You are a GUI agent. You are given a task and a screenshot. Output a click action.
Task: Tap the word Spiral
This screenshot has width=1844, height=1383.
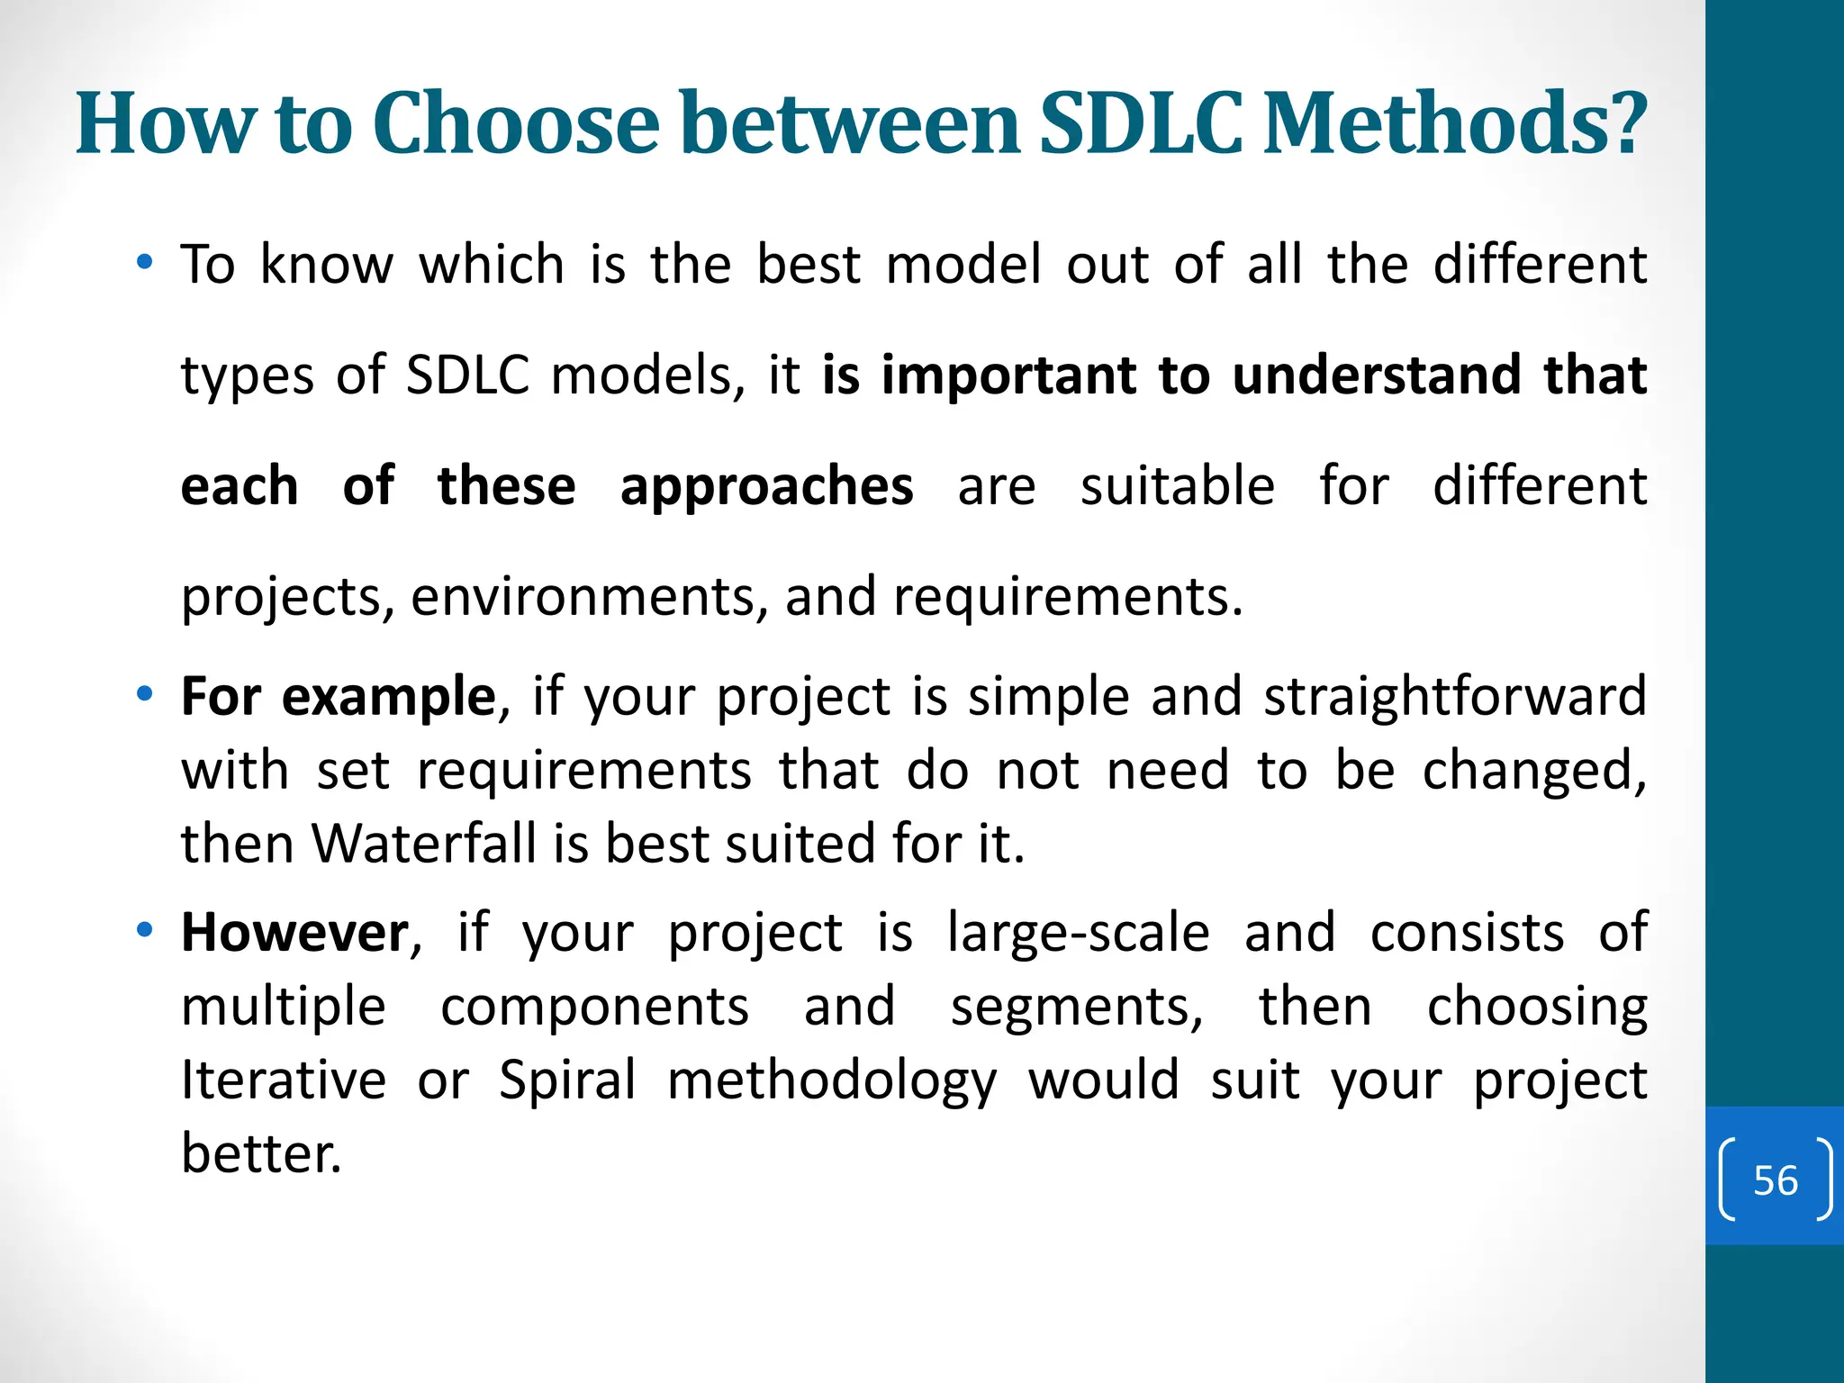pyautogui.click(x=567, y=1080)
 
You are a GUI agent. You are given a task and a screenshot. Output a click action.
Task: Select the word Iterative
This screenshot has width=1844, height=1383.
pyautogui.click(x=283, y=1080)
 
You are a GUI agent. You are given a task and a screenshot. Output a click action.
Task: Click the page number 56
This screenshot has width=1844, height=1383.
pyautogui.click(x=1775, y=1180)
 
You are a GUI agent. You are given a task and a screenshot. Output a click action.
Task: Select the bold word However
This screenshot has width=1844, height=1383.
pyautogui.click(x=294, y=933)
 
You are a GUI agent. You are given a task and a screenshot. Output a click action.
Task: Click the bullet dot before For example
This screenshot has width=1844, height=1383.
pyautogui.click(x=144, y=695)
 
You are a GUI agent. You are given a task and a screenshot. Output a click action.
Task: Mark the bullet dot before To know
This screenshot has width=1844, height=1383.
pyautogui.click(x=144, y=263)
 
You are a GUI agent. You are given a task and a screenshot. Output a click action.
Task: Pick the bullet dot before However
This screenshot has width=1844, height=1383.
pyautogui.click(x=144, y=929)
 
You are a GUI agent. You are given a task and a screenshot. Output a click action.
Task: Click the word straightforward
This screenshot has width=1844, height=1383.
pyautogui.click(x=1454, y=697)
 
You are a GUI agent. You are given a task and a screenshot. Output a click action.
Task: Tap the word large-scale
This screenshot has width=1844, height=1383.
pyautogui.click(x=1078, y=933)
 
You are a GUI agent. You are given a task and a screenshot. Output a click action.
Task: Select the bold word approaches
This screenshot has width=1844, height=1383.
pyautogui.click(x=766, y=487)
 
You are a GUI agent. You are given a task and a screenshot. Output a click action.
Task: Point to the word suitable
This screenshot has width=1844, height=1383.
pyautogui.click(x=1177, y=487)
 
